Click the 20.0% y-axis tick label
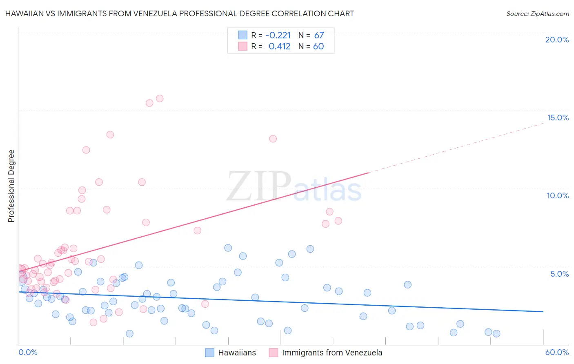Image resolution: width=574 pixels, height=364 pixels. tap(557, 40)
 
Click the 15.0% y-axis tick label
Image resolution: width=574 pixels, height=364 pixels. tap(558, 118)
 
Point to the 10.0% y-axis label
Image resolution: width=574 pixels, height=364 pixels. tap(558, 195)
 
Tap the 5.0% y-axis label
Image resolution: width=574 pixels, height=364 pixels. tap(559, 274)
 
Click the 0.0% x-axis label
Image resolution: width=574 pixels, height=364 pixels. tap(28, 352)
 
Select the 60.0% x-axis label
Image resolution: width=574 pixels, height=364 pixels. tap(557, 352)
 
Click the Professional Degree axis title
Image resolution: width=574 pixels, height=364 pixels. tap(11, 186)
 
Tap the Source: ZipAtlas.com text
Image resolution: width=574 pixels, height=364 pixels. tap(537, 13)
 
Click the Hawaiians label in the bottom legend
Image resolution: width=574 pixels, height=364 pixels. tap(237, 353)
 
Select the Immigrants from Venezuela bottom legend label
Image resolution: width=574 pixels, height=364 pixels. tap(332, 353)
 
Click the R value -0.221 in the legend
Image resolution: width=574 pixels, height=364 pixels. tap(278, 35)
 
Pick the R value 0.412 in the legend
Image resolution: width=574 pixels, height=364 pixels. tap(280, 46)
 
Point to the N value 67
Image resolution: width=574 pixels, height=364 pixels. tap(319, 35)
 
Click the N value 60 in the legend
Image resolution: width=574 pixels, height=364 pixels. tap(318, 46)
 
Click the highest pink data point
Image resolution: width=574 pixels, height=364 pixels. tap(160, 98)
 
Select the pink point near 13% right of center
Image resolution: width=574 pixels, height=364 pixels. tap(273, 139)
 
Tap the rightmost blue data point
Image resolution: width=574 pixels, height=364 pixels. tap(496, 333)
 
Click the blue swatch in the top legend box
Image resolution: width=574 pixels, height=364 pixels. tap(243, 35)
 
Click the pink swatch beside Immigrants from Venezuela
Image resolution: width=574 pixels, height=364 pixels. tap(273, 353)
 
